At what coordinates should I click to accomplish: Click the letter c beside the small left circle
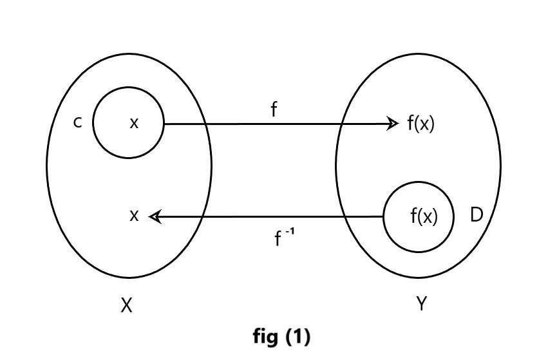[78, 122]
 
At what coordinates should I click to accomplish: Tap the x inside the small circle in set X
[134, 122]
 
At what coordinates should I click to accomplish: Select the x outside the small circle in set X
[134, 216]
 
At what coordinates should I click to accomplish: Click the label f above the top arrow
[274, 110]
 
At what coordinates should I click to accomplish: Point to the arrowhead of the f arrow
[394, 123]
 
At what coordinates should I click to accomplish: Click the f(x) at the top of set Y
[421, 123]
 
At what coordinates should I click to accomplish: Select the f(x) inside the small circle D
[424, 217]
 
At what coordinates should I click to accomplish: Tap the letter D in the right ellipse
[477, 215]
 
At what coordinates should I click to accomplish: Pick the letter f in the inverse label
[278, 240]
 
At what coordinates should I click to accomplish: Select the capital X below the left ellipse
[127, 305]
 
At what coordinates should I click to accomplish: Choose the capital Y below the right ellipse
[421, 304]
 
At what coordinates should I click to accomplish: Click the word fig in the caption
[265, 336]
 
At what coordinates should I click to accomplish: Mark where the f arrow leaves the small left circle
[164, 123]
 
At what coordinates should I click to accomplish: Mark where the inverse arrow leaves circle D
[384, 217]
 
